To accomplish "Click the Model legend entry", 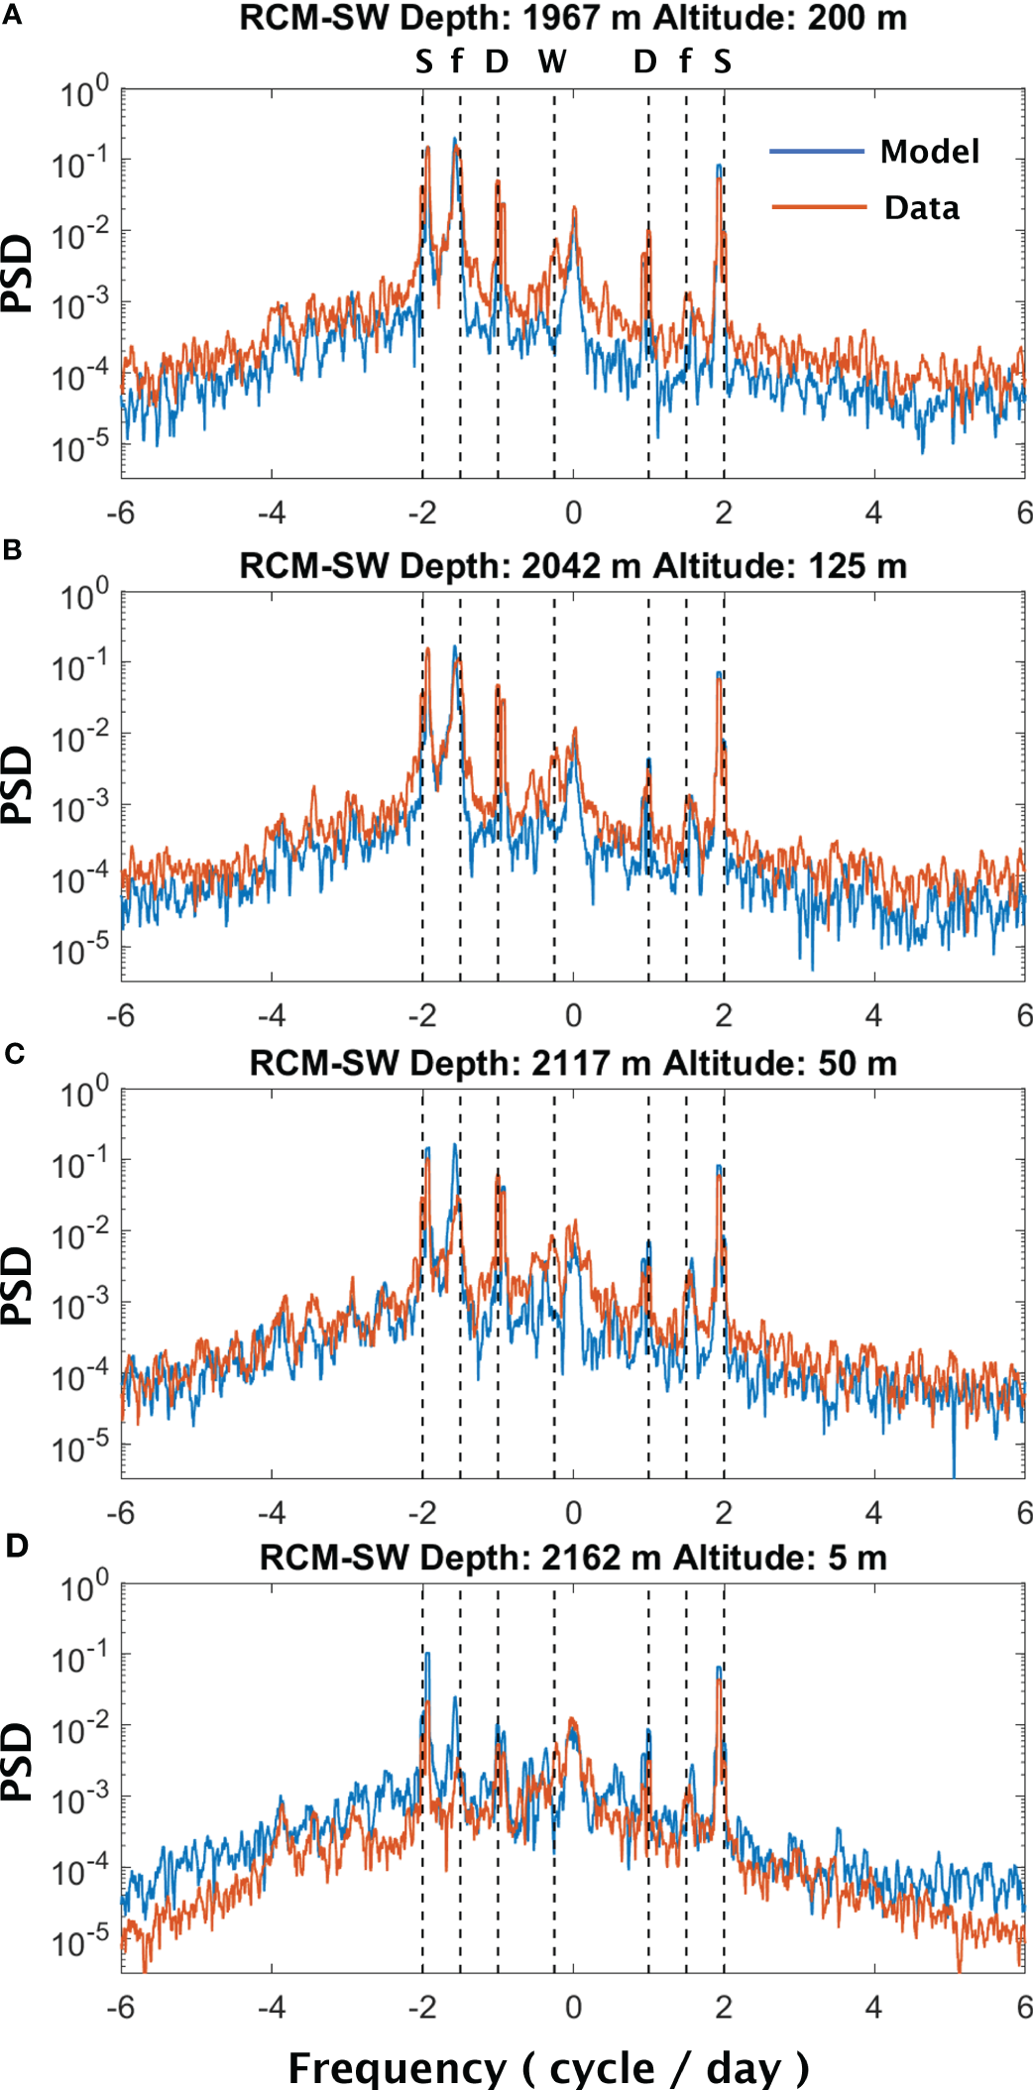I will (x=929, y=152).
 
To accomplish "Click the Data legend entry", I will (x=921, y=208).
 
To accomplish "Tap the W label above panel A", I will (x=552, y=62).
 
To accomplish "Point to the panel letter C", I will (x=13, y=1054).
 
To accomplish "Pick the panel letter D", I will (x=16, y=1546).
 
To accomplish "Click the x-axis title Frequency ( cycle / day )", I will (x=548, y=2067).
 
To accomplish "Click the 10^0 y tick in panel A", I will (x=83, y=94).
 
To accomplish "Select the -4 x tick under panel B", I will (x=272, y=1015).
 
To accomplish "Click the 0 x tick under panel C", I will (x=573, y=1513).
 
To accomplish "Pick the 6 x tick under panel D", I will (x=1024, y=2007).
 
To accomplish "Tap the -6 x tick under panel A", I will (x=121, y=513).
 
